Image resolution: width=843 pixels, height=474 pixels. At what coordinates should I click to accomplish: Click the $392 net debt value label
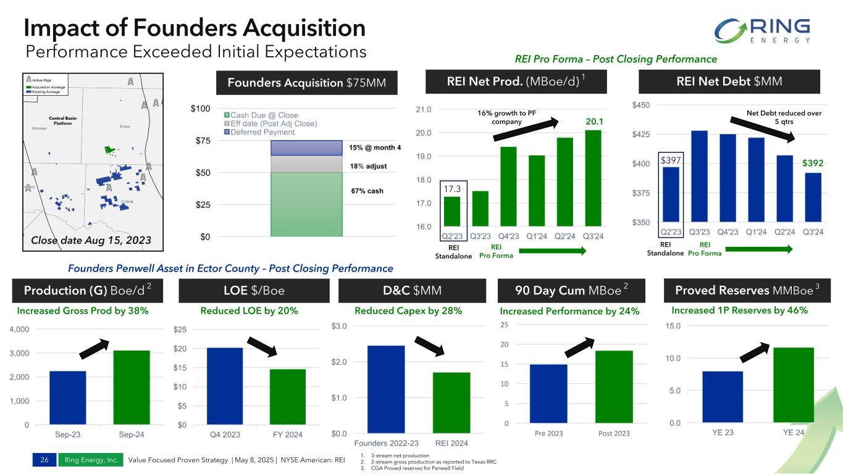(813, 164)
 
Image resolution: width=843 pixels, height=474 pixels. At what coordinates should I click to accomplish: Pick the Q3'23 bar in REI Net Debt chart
(699, 176)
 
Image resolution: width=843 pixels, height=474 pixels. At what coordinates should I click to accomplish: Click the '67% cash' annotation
(367, 191)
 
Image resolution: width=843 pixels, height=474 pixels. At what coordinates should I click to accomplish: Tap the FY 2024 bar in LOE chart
(288, 397)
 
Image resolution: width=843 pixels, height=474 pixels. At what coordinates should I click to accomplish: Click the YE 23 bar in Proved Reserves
(723, 397)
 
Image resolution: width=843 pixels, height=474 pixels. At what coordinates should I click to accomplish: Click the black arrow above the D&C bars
(430, 345)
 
